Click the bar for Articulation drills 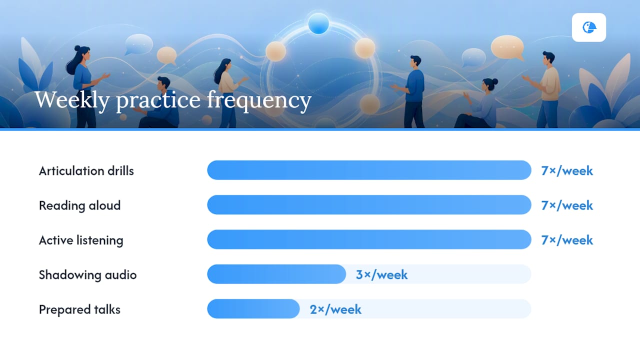[x=369, y=170]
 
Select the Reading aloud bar [x=369, y=205]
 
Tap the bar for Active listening [x=369, y=239]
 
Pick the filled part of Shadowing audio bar [x=276, y=274]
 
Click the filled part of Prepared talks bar [x=253, y=309]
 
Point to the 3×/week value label [x=381, y=275]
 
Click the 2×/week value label [x=335, y=309]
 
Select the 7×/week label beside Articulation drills [x=567, y=171]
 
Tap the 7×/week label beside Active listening [x=567, y=240]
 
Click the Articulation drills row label [x=86, y=171]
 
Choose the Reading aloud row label [x=79, y=205]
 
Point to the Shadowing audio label [x=87, y=275]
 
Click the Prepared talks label [x=79, y=309]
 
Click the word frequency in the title [x=259, y=100]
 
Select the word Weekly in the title [x=72, y=100]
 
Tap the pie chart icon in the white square [x=589, y=27]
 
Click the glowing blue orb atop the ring [x=318, y=23]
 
